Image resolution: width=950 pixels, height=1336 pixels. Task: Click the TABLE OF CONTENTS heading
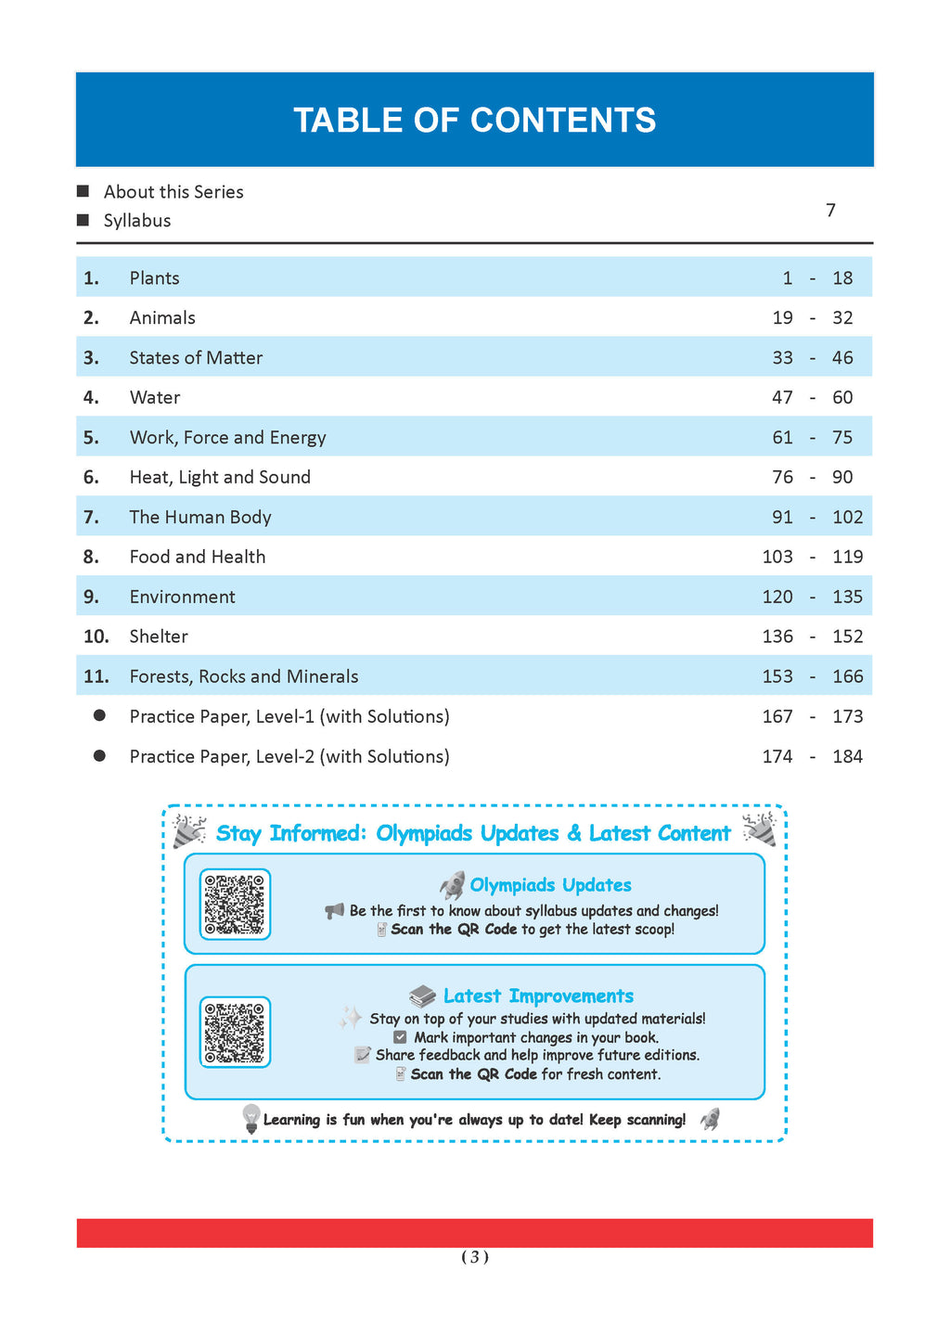(x=474, y=121)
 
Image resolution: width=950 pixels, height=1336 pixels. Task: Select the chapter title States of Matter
(x=196, y=358)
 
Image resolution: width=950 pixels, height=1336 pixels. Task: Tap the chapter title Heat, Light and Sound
(x=220, y=478)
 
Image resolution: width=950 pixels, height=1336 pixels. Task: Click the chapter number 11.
(x=96, y=677)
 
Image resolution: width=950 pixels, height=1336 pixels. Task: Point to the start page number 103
(x=777, y=558)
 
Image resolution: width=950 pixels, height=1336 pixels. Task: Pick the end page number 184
(x=847, y=757)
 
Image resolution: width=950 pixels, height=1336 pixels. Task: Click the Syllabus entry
(x=137, y=221)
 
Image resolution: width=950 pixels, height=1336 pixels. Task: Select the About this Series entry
(x=173, y=192)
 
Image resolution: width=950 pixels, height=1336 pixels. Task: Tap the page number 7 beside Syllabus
(x=830, y=211)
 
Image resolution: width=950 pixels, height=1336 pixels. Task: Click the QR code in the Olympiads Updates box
(x=235, y=905)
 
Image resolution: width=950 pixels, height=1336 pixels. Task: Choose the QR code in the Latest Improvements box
(x=235, y=1033)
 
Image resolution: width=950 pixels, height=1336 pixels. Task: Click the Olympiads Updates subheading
(x=550, y=885)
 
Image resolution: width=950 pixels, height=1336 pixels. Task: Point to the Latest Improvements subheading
(x=538, y=996)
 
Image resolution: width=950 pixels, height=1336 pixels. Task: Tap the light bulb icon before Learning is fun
(x=250, y=1118)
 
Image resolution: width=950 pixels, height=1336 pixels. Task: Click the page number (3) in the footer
(x=475, y=1258)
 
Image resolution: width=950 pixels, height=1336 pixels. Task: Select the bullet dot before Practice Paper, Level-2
(x=99, y=756)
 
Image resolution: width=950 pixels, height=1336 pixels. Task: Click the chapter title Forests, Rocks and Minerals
(x=244, y=677)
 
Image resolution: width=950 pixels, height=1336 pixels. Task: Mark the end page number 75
(x=842, y=438)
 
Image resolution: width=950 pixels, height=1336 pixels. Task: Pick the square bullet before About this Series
(x=83, y=192)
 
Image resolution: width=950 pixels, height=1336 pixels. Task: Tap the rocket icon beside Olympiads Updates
(x=452, y=885)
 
